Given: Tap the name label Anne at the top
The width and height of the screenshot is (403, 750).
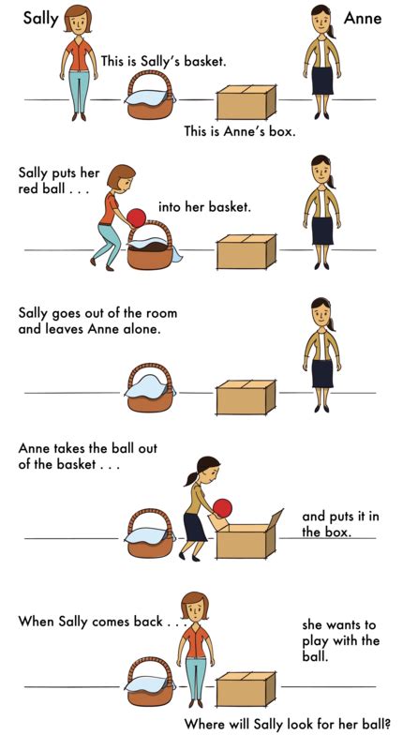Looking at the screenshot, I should click(x=363, y=18).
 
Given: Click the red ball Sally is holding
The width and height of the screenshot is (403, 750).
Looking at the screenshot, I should click(x=137, y=218).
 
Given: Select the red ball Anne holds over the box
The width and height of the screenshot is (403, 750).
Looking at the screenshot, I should click(x=222, y=508).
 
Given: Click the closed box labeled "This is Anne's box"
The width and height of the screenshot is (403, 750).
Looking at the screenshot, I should click(x=246, y=102).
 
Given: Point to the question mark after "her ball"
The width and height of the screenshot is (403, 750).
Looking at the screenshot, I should click(x=386, y=724).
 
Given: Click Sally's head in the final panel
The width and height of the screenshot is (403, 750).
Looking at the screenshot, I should click(x=194, y=607).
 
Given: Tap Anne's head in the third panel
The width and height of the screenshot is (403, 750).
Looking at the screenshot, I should click(x=321, y=312).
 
